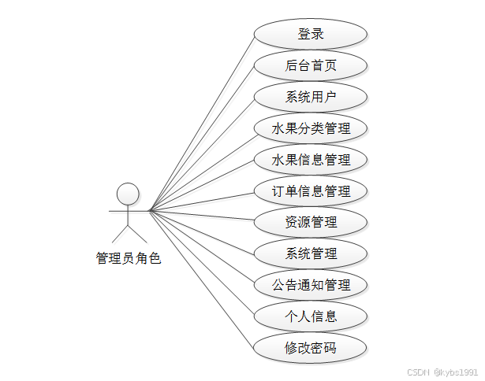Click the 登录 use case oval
311,34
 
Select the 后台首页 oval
311,65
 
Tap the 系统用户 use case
311,97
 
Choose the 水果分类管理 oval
311,128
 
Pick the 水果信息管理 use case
311,160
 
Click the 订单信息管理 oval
311,190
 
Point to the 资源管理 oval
311,222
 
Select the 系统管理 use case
311,253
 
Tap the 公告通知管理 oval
311,285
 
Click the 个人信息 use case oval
311,316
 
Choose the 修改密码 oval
311,347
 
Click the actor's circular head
128,194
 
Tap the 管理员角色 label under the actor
128,257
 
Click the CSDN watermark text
419,372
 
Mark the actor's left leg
120,233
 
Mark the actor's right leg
136,233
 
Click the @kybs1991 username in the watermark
456,372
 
